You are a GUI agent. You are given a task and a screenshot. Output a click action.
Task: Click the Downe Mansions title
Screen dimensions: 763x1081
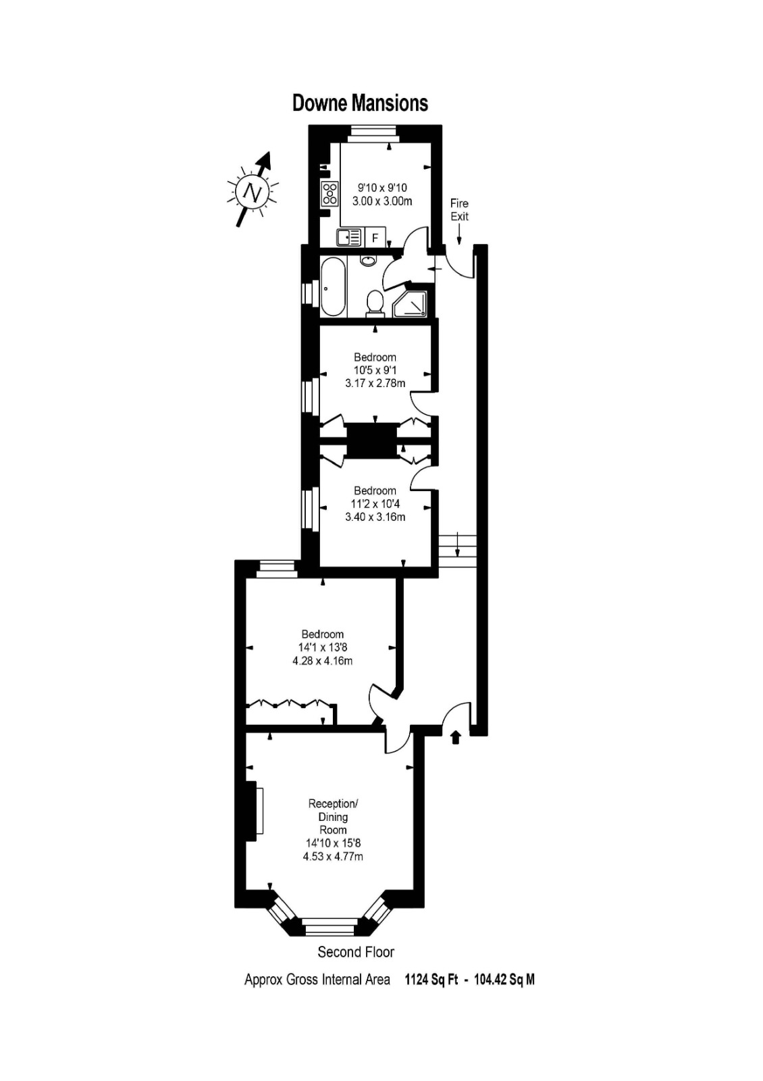click(x=361, y=103)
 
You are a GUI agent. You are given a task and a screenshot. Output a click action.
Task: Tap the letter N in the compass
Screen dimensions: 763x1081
click(x=253, y=192)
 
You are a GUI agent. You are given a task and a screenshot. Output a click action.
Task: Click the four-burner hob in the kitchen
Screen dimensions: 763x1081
click(x=330, y=193)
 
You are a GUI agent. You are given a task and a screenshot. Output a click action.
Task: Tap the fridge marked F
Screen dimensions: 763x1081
click(x=375, y=237)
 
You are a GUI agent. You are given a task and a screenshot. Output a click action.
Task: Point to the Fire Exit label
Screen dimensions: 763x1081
click(x=459, y=209)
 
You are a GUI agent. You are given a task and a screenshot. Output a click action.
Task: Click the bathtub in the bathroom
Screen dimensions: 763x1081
click(x=333, y=286)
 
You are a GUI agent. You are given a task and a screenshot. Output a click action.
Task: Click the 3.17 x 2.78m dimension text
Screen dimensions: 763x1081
click(x=375, y=383)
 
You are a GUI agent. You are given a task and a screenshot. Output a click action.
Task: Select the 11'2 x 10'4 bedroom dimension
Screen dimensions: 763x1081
click(x=375, y=504)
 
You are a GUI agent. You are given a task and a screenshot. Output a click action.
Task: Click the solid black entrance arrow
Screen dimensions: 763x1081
click(x=456, y=737)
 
